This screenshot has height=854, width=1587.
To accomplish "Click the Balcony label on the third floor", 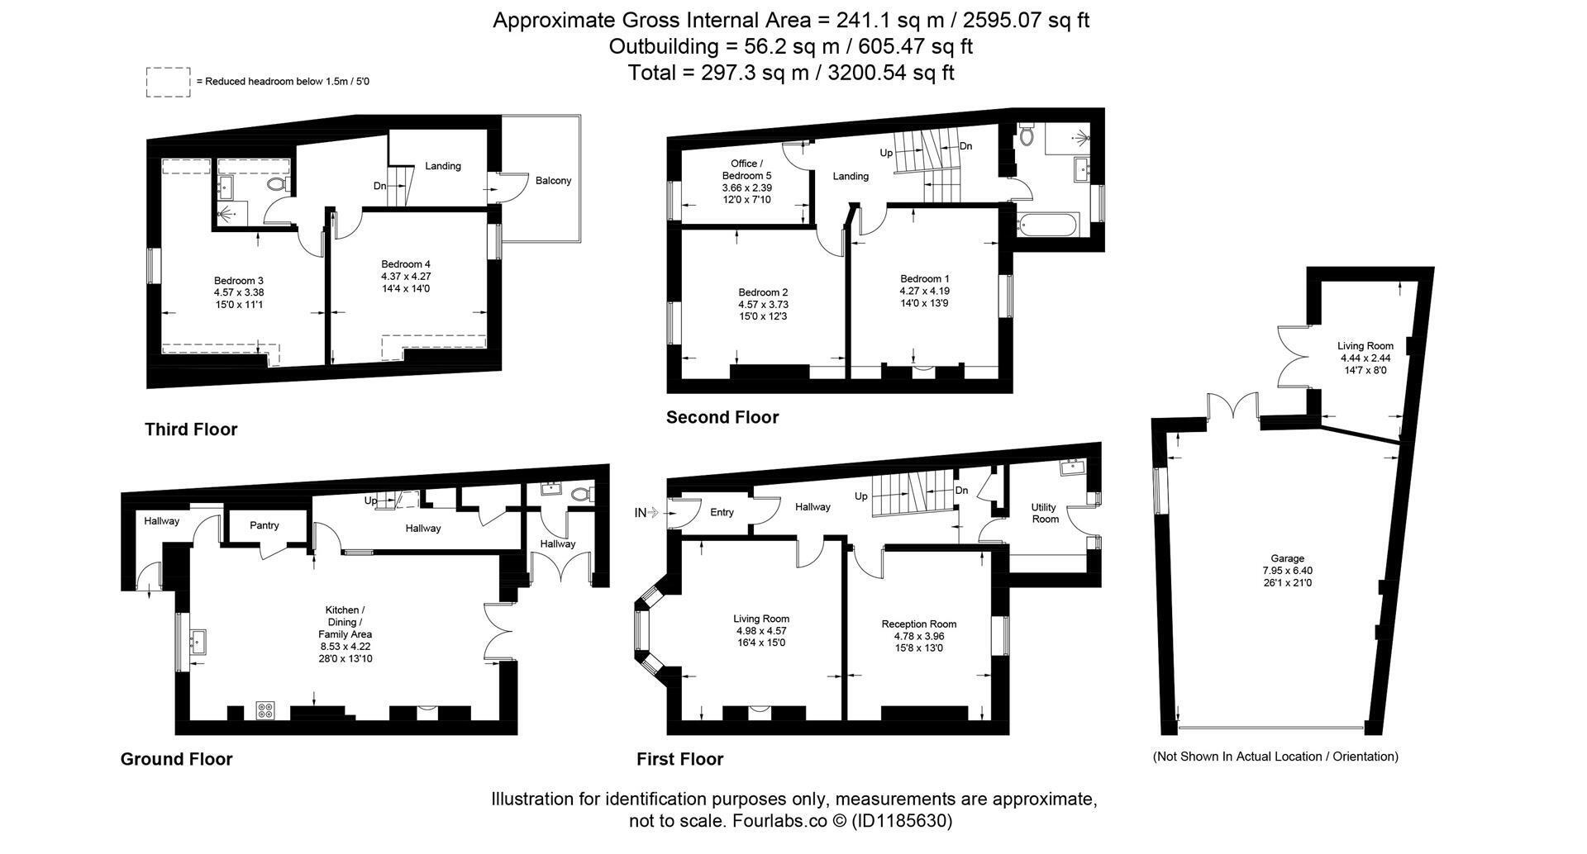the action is [553, 181].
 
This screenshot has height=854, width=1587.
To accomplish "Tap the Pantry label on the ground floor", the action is [264, 525].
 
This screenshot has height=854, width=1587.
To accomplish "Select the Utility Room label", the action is [1045, 513].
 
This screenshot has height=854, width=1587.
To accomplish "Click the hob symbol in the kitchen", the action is [265, 710].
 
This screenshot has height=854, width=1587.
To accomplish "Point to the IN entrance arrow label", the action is [646, 513].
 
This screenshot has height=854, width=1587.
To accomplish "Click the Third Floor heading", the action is [191, 429].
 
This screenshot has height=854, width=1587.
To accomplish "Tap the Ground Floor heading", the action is [177, 759].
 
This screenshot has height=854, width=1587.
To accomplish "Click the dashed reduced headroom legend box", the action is [169, 83].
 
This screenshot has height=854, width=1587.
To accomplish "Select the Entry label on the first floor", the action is [722, 513].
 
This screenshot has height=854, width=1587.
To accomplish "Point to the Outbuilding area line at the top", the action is [791, 46].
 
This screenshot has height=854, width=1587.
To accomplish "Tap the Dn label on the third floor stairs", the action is [379, 186].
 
